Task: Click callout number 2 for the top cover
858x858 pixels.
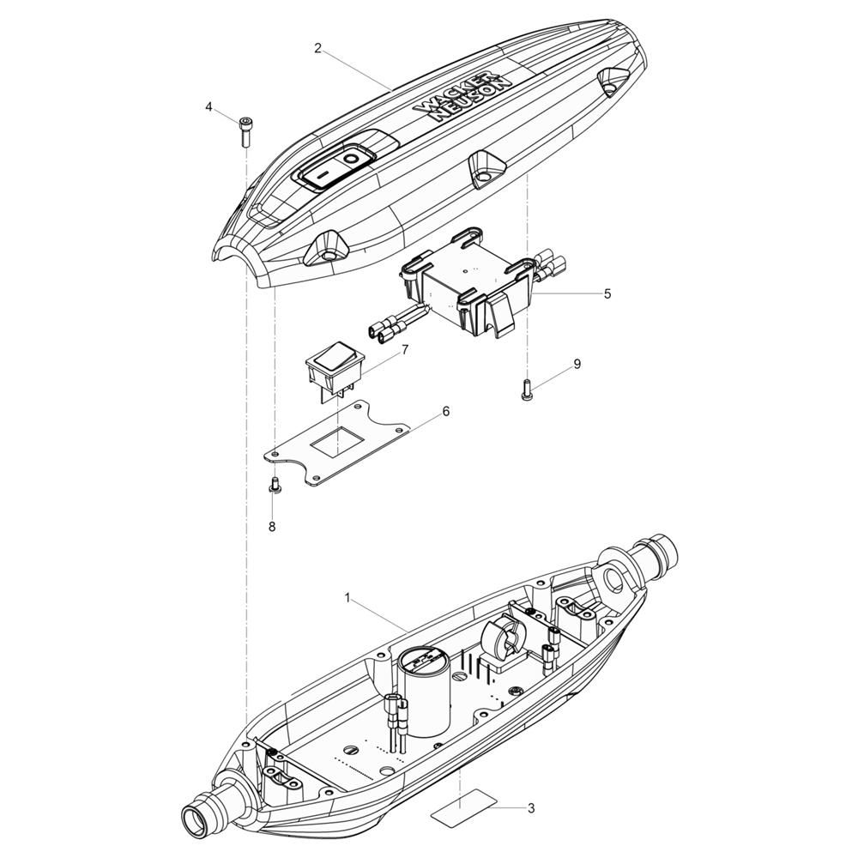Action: pos(318,48)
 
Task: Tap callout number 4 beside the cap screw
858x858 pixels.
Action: pos(208,106)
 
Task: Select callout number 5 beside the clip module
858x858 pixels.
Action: pos(607,293)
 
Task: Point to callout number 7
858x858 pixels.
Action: pos(405,349)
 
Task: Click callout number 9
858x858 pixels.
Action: pos(577,364)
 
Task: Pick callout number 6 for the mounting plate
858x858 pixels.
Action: pos(446,411)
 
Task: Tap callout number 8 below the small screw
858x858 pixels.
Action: pos(272,527)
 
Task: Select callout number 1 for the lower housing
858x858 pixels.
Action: pos(347,597)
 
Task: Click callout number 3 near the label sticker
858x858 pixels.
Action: pos(531,807)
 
